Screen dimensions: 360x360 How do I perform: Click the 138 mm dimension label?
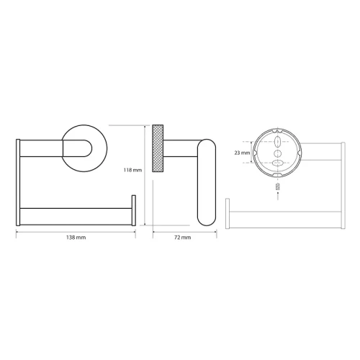[x=76, y=238]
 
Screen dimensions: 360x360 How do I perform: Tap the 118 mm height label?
[x=132, y=170]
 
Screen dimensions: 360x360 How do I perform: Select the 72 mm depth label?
[x=182, y=238]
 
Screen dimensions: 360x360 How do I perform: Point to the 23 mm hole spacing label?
[x=242, y=153]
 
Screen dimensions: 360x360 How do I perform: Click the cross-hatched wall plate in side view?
[x=158, y=148]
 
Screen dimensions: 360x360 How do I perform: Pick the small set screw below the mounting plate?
[x=278, y=186]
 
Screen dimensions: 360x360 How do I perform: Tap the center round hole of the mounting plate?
[x=278, y=153]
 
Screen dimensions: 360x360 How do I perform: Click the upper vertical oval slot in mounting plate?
[x=278, y=142]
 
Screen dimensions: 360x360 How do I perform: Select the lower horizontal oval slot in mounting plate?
[x=278, y=163]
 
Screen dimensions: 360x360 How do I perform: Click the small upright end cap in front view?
[x=134, y=210]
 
